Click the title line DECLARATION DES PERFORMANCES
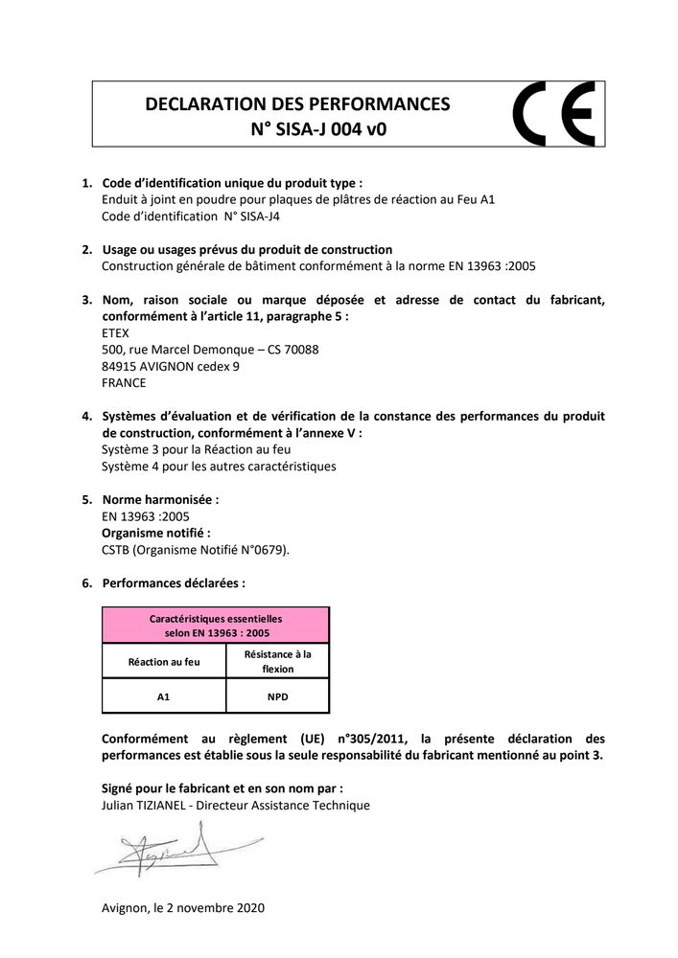(x=296, y=103)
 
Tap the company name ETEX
(x=115, y=333)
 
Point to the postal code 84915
(x=119, y=366)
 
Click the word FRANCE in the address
(x=124, y=382)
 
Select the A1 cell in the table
(x=163, y=696)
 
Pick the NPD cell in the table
(x=278, y=696)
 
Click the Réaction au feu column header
(x=163, y=661)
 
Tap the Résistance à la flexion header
(x=278, y=661)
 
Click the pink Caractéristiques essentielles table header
(x=216, y=626)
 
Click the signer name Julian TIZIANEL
(x=143, y=806)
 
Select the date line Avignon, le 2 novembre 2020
(x=182, y=907)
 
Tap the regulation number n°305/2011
(x=365, y=739)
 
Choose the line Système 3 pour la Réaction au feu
(x=196, y=449)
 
